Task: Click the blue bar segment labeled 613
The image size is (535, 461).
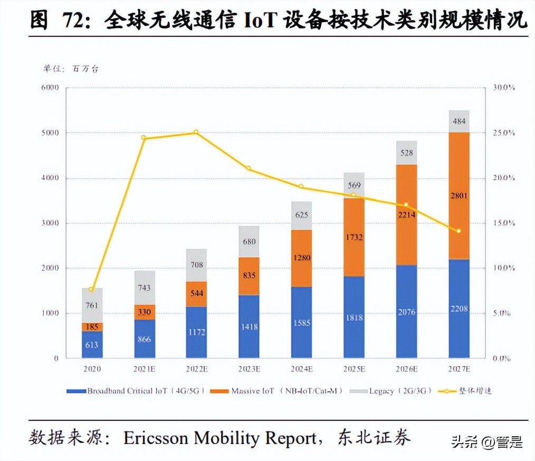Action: coord(92,344)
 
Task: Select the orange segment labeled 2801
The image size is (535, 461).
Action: coord(458,196)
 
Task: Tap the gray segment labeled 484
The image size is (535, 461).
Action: coord(458,121)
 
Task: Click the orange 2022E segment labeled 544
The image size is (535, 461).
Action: coord(196,294)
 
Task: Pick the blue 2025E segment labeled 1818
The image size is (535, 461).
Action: coord(354,317)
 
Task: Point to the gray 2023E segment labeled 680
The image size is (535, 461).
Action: coord(249,242)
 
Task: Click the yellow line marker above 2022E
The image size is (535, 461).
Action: coord(196,132)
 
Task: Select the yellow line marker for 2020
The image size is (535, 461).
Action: coord(92,290)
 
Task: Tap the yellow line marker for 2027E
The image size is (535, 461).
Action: coord(458,231)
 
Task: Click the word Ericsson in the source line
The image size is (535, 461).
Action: coord(155,437)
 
